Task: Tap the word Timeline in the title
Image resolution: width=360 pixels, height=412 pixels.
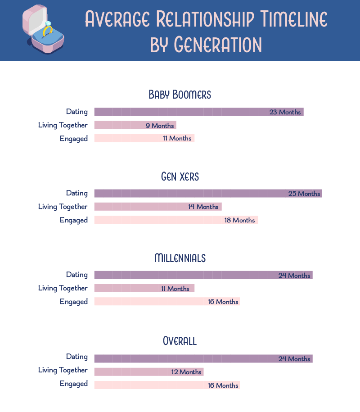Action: pos(293,19)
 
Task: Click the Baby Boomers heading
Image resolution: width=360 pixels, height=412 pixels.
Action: pos(180,95)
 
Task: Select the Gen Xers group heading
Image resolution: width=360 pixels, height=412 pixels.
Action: pos(180,177)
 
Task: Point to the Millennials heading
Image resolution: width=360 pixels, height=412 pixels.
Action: pos(180,258)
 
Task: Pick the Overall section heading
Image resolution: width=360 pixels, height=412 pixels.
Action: pos(180,341)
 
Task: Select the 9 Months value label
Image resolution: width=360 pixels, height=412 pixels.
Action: pos(160,126)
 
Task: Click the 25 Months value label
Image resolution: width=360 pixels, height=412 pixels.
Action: pos(304,194)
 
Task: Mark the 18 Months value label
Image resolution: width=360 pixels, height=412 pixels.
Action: pos(240,220)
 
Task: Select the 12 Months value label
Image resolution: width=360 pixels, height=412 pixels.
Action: pos(186,372)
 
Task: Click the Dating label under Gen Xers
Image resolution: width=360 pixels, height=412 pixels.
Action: pos(76,193)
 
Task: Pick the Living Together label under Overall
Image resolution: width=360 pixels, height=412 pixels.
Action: pos(63,370)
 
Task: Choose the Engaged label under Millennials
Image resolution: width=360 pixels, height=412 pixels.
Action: pos(73,302)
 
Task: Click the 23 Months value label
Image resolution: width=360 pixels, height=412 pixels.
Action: pos(285,112)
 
